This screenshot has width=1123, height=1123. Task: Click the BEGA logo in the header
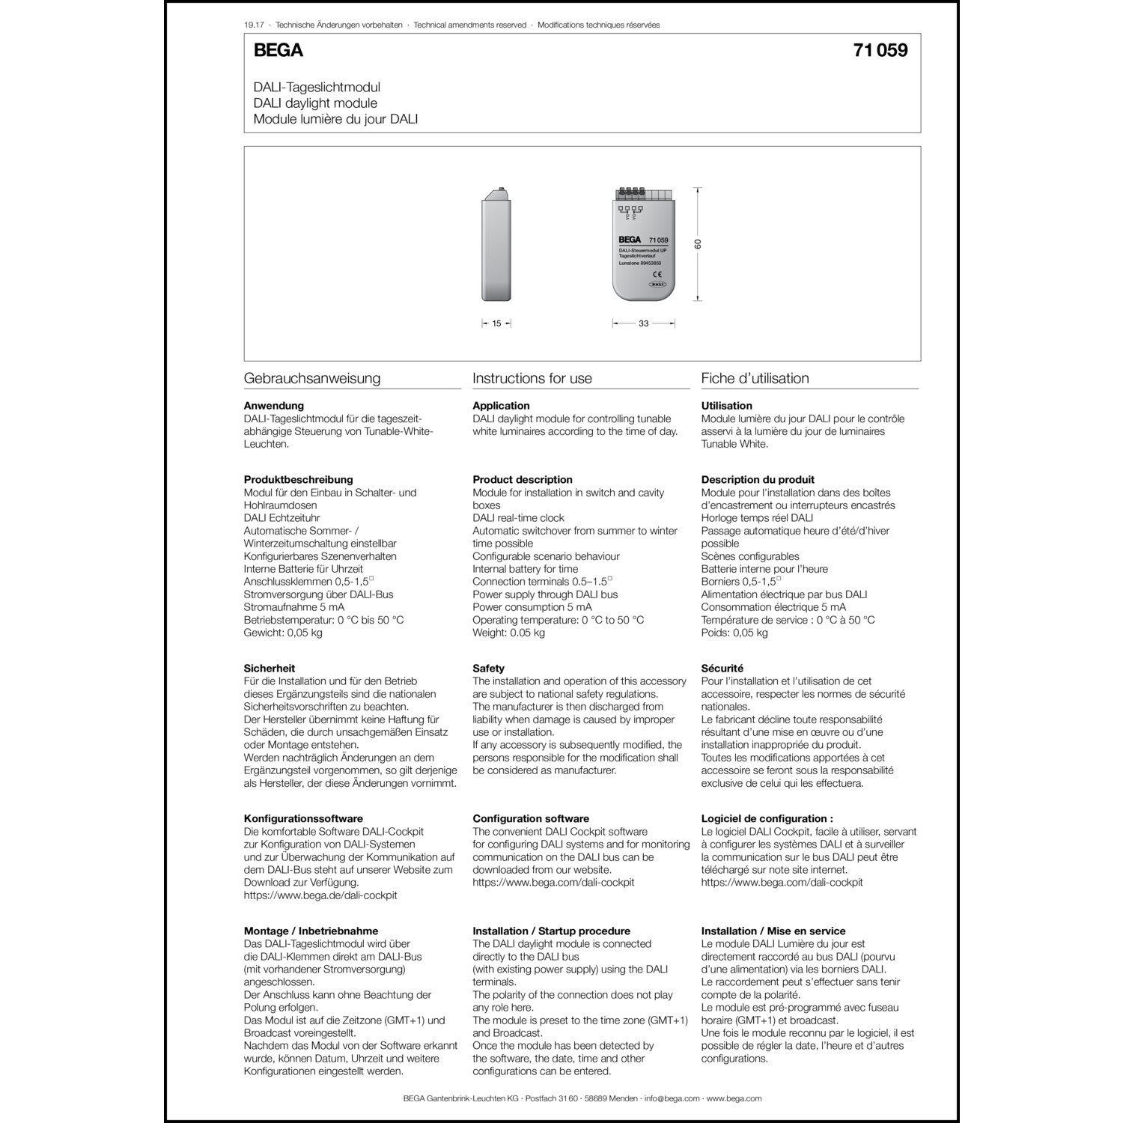point(278,51)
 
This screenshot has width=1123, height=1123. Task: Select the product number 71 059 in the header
point(880,51)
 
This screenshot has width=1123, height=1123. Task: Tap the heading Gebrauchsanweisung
point(311,379)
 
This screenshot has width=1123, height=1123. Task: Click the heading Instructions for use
point(532,379)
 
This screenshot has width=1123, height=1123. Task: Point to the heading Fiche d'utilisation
point(755,379)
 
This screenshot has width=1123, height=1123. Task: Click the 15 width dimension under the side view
point(496,324)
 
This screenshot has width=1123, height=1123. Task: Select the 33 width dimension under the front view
point(643,324)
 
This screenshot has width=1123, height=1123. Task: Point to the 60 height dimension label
point(698,245)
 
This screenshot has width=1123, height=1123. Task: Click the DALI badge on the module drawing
point(657,284)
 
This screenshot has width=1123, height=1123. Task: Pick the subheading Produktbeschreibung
point(298,480)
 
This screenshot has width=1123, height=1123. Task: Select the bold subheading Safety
point(488,669)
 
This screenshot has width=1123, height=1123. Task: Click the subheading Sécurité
point(722,669)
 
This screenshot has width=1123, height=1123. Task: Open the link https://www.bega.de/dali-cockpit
point(320,895)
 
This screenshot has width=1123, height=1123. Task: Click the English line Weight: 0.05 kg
point(508,633)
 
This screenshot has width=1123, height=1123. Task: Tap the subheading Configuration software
point(530,819)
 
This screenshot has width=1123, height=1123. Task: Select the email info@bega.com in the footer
point(672,1098)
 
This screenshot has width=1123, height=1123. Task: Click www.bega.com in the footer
point(734,1098)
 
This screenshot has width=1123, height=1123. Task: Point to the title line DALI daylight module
point(315,103)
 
